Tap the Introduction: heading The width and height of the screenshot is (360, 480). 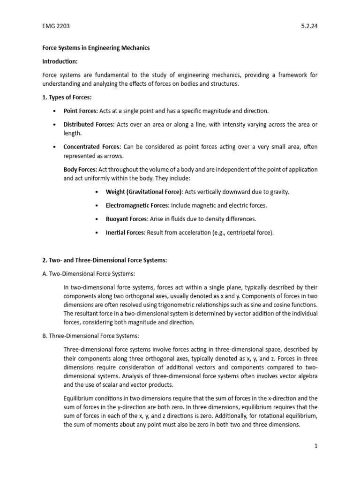pyautogui.click(x=60, y=61)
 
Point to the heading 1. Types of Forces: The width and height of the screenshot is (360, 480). pyautogui.click(x=67, y=97)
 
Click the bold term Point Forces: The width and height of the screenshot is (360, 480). pyautogui.click(x=81, y=111)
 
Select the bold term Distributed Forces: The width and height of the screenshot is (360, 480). pyautogui.click(x=89, y=124)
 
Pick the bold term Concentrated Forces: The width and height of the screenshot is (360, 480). pyautogui.click(x=92, y=147)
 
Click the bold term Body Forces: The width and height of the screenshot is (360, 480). pyautogui.click(x=77, y=169)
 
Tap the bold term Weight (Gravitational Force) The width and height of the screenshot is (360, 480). pyautogui.click(x=144, y=192)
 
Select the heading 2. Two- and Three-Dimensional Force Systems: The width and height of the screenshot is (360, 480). pyautogui.click(x=105, y=260)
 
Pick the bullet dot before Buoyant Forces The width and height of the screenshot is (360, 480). pyautogui.click(x=96, y=219)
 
